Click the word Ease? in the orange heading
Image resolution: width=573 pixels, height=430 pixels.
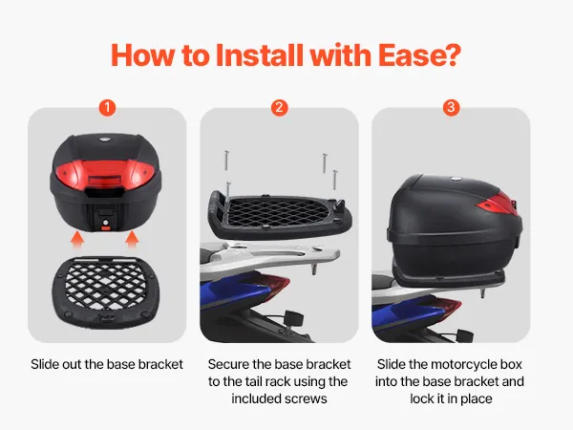coord(419,54)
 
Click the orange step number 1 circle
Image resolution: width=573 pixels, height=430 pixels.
coord(107,108)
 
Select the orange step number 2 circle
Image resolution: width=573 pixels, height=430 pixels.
coord(279,108)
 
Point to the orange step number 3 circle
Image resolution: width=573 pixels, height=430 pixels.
coord(451,108)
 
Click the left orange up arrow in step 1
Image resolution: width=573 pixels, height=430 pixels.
coord(77,240)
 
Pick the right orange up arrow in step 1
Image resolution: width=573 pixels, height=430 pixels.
coord(132,240)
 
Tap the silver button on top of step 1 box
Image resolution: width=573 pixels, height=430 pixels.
coord(105,140)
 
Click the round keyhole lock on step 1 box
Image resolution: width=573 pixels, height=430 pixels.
coord(106,223)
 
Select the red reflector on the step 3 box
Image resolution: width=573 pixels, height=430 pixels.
coord(499,204)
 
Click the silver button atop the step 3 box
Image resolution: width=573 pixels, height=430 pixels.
coord(456,179)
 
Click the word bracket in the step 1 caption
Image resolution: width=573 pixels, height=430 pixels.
coord(160,365)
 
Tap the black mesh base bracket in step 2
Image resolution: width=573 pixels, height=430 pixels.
coord(280,215)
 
